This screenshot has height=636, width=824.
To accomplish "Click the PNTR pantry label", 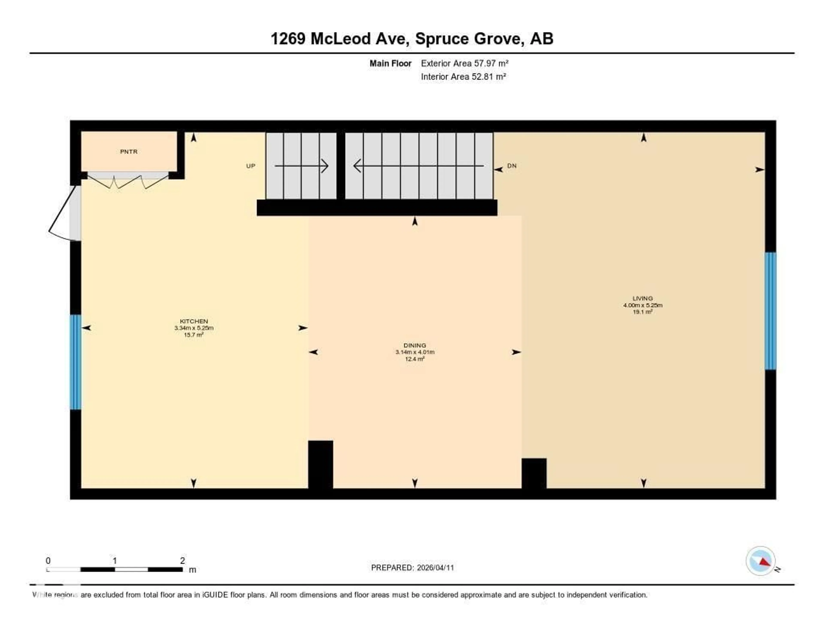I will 129,152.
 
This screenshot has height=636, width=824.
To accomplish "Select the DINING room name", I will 415,345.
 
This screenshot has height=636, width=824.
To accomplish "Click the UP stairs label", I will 250,166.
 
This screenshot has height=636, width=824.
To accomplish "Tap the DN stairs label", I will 512,166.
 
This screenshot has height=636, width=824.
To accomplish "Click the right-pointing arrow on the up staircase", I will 301,166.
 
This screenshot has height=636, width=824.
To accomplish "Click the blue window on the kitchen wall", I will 76,362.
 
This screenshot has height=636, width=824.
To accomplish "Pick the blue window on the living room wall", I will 770,311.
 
